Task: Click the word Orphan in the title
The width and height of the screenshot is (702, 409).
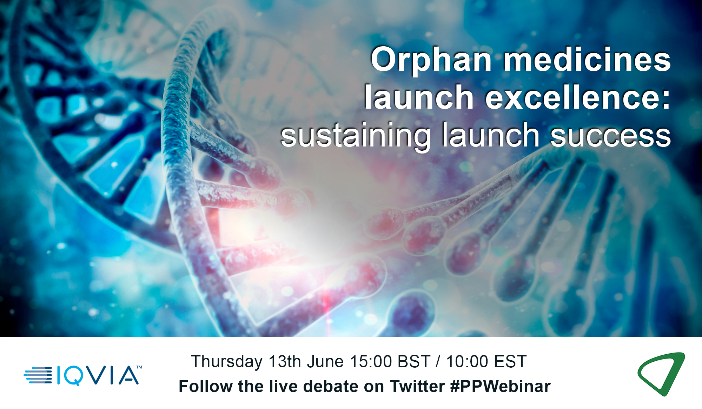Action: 431,61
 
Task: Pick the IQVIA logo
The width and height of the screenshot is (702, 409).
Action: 83,375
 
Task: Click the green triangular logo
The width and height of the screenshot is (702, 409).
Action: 661,374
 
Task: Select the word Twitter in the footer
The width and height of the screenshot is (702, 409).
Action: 417,387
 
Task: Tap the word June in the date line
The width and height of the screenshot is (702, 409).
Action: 325,362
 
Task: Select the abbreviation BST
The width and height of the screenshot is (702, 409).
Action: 414,362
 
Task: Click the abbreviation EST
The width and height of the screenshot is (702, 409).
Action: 510,362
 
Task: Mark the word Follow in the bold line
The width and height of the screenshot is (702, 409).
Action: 206,387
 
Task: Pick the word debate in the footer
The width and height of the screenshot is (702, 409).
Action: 331,387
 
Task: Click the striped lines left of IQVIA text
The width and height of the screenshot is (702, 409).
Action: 38,375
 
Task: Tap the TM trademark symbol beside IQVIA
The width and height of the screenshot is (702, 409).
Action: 139,367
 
